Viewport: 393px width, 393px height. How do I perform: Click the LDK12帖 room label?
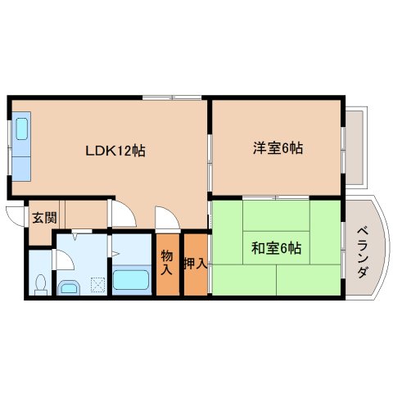pyautogui.click(x=115, y=151)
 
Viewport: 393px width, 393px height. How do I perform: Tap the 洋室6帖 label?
pyautogui.click(x=278, y=148)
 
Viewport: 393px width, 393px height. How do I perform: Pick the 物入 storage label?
pyautogui.click(x=167, y=263)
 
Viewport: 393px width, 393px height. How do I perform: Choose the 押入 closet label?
pyautogui.click(x=194, y=263)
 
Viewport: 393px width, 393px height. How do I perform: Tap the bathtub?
pyautogui.click(x=130, y=280)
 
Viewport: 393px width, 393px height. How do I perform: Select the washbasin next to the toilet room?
pyautogui.click(x=70, y=287)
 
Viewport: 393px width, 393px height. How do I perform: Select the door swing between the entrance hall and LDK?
pyautogui.click(x=124, y=215)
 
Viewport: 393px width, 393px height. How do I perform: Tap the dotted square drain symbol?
pyautogui.click(x=97, y=286)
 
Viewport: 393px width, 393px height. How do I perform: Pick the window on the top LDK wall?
pyautogui.click(x=172, y=97)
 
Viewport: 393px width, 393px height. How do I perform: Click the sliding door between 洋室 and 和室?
pyautogui.click(x=277, y=197)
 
